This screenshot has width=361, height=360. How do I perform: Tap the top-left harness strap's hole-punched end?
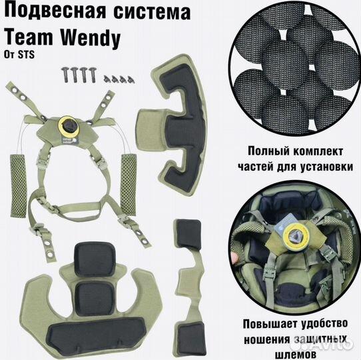click(14, 88)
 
